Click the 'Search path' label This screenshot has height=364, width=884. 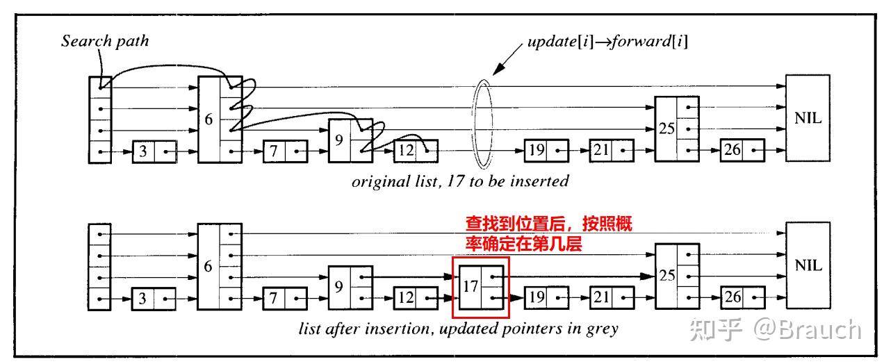point(105,41)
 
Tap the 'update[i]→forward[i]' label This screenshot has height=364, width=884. point(607,42)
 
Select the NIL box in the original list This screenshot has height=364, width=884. point(808,118)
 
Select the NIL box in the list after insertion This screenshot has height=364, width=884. point(808,265)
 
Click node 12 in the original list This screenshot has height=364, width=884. point(416,150)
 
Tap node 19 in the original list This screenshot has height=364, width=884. point(546,150)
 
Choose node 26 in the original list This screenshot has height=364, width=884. point(742,150)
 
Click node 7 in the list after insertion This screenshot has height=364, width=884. point(285,299)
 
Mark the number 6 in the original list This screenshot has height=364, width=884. point(208,119)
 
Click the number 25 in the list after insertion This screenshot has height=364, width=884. point(666,275)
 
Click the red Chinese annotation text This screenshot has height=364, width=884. point(548,235)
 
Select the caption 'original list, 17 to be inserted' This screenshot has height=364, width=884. point(459,182)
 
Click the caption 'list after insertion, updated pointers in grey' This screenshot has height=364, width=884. point(458,329)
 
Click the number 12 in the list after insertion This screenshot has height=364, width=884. point(406,299)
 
